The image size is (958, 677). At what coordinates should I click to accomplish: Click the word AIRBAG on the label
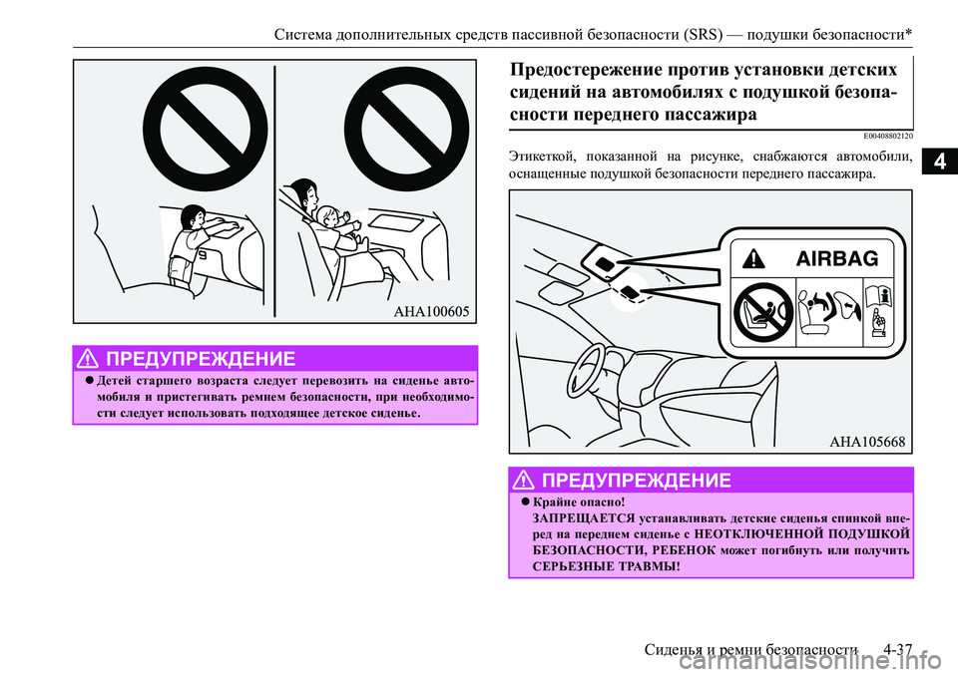836,258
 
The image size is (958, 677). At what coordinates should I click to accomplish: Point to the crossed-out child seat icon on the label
760,311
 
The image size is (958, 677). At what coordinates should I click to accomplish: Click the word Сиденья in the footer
673,651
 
